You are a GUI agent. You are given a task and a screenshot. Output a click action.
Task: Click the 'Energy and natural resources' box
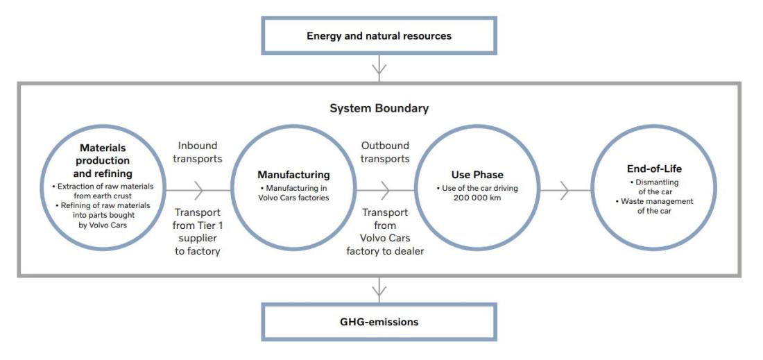click(379, 35)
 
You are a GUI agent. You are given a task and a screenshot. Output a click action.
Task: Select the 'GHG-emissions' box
click(379, 322)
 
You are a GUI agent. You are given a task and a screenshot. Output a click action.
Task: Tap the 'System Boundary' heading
click(379, 108)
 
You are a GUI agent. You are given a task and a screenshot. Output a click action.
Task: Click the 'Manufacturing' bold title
click(293, 175)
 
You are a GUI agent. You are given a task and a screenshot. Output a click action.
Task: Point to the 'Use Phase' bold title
click(477, 175)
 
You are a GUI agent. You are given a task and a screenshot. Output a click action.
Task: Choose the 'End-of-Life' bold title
click(654, 169)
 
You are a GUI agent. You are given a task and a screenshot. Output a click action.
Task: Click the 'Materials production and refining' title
click(103, 160)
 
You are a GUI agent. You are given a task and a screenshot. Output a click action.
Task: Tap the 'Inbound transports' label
click(198, 152)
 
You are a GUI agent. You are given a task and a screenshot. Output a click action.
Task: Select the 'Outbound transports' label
click(386, 152)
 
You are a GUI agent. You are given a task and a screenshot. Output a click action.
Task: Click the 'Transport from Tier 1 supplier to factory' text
click(198, 232)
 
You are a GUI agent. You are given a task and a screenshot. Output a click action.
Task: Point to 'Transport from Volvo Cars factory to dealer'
click(386, 232)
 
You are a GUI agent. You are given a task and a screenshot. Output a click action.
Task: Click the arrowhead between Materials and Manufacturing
click(198, 190)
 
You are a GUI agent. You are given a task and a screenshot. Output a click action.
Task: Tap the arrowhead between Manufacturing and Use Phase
click(386, 190)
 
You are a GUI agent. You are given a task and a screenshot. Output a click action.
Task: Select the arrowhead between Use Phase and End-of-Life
click(565, 190)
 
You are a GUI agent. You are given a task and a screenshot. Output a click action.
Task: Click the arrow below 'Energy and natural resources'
click(379, 68)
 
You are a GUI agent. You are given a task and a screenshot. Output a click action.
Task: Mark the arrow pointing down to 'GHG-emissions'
click(379, 290)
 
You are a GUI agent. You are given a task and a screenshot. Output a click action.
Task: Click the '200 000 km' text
click(477, 198)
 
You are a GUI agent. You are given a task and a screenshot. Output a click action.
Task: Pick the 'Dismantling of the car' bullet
click(654, 187)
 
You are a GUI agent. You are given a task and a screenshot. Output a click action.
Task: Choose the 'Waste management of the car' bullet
click(654, 206)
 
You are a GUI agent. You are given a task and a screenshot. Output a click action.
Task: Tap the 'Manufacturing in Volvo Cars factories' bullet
click(293, 193)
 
